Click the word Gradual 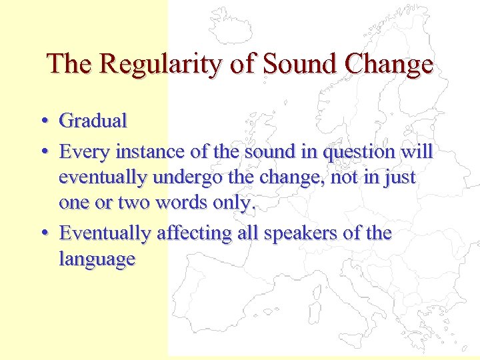pos(93,121)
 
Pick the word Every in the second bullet pos(85,153)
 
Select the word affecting pos(191,233)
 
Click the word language pos(97,259)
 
